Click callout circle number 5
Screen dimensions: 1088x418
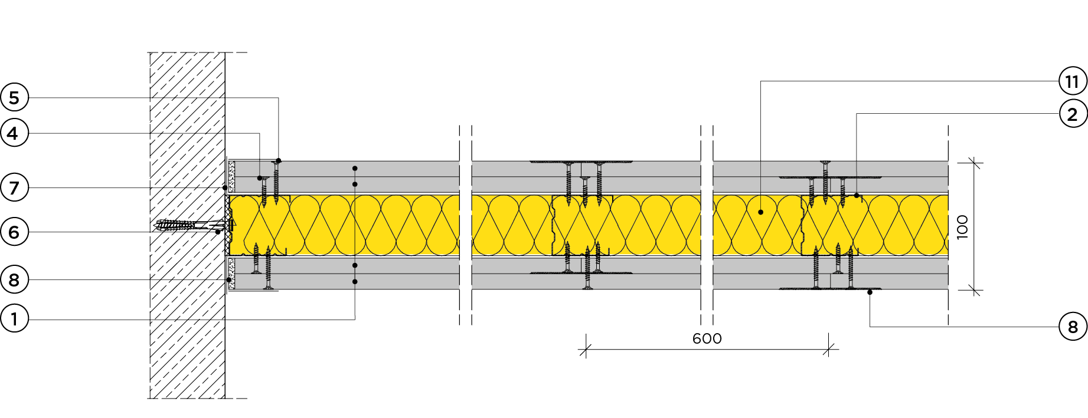14,98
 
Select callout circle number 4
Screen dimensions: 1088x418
14,133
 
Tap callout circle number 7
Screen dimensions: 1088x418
14,188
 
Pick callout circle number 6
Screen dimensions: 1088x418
14,232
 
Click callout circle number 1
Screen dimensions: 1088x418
14,320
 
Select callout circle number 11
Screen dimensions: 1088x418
1073,81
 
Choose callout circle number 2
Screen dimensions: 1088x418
1073,114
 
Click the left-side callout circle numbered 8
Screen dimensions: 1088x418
14,280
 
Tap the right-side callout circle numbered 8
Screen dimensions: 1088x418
1073,327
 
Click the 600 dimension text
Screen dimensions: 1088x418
707,338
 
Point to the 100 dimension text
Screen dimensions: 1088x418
962,227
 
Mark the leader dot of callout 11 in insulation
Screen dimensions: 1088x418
761,212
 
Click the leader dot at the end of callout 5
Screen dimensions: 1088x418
279,161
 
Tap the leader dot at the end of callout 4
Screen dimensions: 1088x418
260,178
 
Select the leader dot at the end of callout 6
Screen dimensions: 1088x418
218,232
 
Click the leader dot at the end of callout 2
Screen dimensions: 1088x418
857,195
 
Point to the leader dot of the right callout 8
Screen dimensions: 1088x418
870,292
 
